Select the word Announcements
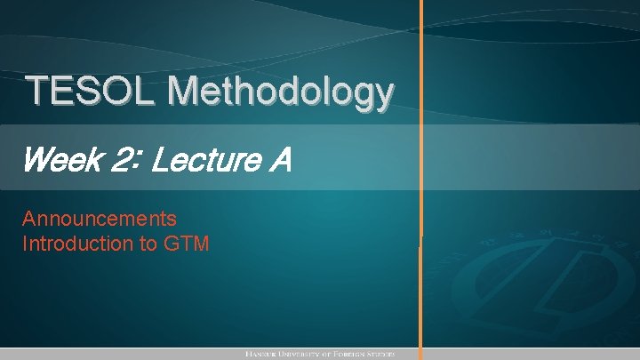pyautogui.click(x=100, y=219)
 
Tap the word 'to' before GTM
pyautogui.click(x=148, y=243)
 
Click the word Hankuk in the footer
pyautogui.click(x=264, y=354)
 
